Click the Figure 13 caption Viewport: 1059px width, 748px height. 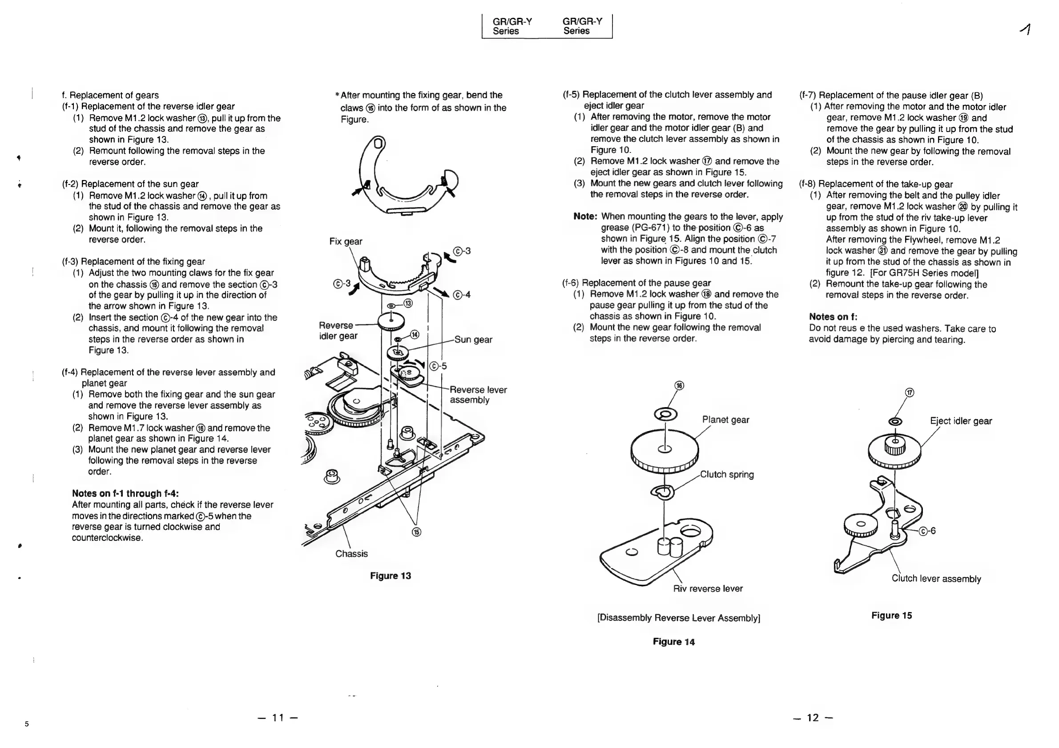[x=390, y=576]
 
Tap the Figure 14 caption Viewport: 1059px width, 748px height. [x=673, y=641]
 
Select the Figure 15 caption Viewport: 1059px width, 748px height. [x=891, y=615]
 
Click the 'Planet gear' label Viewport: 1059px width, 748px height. [x=725, y=420]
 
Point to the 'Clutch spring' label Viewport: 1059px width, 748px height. [x=727, y=474]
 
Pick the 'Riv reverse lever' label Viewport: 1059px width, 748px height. [x=708, y=588]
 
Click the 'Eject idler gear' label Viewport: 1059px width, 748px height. [x=961, y=421]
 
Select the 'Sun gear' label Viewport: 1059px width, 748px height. [x=473, y=340]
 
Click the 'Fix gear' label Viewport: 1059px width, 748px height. [x=346, y=241]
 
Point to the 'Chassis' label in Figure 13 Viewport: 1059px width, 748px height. [x=351, y=553]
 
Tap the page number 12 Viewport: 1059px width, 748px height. [x=813, y=718]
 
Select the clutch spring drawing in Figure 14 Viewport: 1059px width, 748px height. [x=663, y=492]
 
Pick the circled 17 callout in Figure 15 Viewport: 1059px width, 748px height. [x=909, y=392]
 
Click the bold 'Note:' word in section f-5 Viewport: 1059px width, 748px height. [x=585, y=216]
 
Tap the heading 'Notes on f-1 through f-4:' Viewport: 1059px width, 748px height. [x=125, y=494]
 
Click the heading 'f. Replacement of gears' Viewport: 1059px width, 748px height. [x=110, y=95]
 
